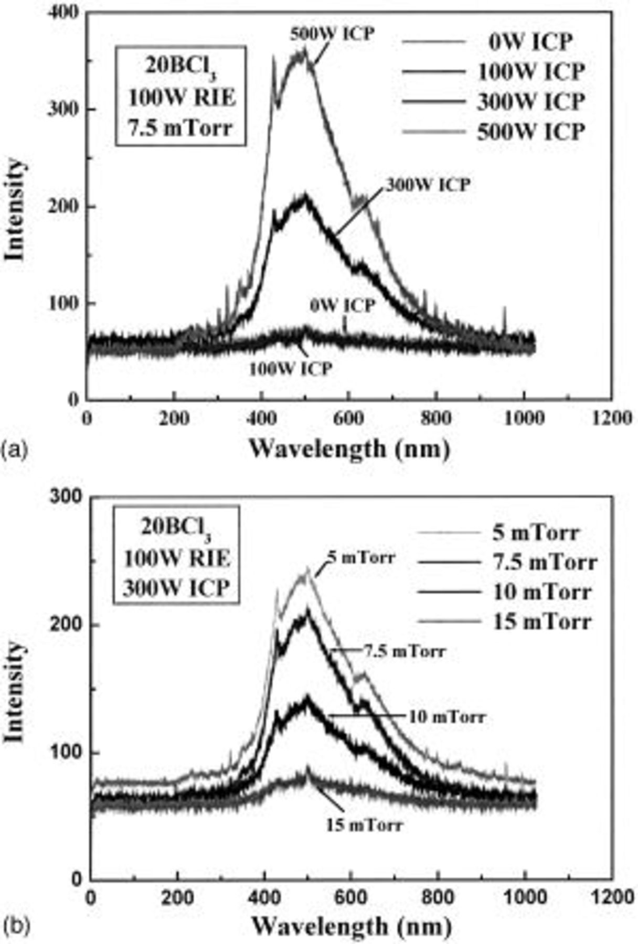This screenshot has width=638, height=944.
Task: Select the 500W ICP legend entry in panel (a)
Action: point(530,131)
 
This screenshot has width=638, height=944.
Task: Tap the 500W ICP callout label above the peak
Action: point(333,34)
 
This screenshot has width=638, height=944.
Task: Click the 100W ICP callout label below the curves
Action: point(290,369)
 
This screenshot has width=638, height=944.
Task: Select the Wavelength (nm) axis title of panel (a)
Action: point(349,449)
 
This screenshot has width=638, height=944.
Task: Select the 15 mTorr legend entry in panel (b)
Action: point(541,621)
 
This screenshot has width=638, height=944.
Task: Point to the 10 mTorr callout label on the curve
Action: point(447,716)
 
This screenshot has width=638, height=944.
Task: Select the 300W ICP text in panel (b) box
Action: point(177,588)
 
